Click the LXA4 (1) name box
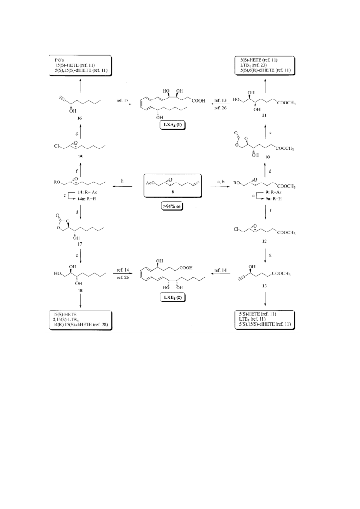[173, 125]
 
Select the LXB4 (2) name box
[173, 297]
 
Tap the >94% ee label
[172, 206]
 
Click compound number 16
[79, 119]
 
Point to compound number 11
[264, 115]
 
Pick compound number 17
[79, 244]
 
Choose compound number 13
[265, 286]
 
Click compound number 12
[265, 241]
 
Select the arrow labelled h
[122, 187]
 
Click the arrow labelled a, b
[222, 187]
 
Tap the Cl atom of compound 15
[57, 146]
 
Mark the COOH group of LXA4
[198, 101]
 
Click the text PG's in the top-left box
[59, 60]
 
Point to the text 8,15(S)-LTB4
[67, 319]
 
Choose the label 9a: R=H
[274, 199]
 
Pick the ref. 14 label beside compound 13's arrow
[220, 270]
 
